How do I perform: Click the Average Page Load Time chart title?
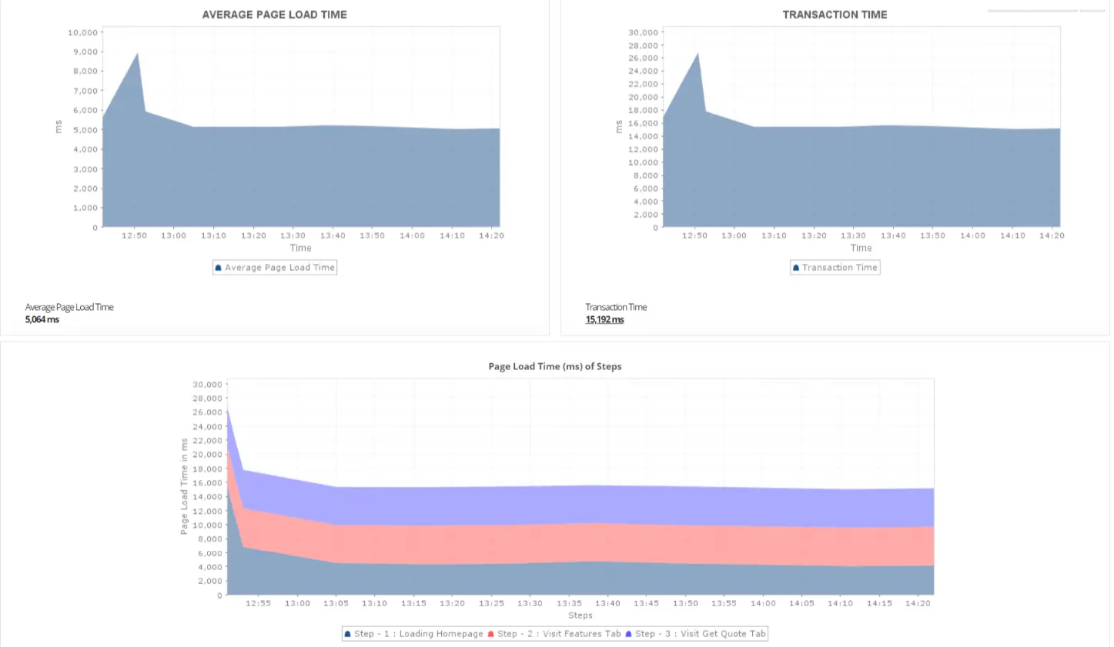[x=274, y=15]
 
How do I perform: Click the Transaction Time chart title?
[x=835, y=15]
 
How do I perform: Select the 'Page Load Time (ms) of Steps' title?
[x=554, y=366]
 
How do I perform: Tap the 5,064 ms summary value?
[x=42, y=319]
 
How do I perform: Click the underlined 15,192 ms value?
[x=604, y=319]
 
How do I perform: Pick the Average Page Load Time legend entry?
[x=275, y=268]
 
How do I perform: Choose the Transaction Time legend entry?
[x=835, y=268]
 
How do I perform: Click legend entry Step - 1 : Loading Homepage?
[x=413, y=634]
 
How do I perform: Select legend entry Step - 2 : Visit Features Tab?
[x=554, y=634]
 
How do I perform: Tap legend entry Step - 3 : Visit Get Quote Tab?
[x=696, y=634]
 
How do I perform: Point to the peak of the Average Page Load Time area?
[x=138, y=53]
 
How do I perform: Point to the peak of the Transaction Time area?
[x=698, y=53]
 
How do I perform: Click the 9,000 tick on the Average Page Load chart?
[x=85, y=52]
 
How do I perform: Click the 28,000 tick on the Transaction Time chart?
[x=644, y=45]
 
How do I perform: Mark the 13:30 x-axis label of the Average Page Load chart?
[x=293, y=235]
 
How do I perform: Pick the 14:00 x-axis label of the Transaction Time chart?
[x=972, y=235]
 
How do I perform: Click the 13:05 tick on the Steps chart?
[x=336, y=603]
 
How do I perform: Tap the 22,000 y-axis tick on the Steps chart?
[x=207, y=441]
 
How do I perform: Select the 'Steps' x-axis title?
[x=580, y=615]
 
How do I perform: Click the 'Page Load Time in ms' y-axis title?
[x=184, y=486]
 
